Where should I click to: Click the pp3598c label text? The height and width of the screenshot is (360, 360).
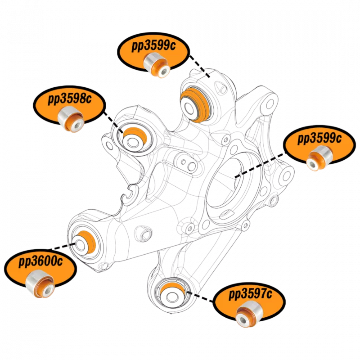click(x=70, y=99)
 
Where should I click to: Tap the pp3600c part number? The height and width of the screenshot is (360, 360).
click(x=40, y=261)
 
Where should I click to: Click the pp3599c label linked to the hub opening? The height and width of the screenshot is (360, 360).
click(x=319, y=139)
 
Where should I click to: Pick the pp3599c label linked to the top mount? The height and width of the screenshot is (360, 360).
click(x=153, y=46)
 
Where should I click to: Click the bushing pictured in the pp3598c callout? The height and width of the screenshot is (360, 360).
click(x=71, y=119)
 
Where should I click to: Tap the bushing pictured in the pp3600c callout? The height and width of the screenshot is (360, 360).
click(x=40, y=284)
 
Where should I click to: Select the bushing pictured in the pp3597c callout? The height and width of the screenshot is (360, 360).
click(x=249, y=314)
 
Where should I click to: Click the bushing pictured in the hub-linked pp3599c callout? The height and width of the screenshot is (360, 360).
click(x=319, y=158)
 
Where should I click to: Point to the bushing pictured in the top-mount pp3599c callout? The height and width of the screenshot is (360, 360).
click(x=157, y=65)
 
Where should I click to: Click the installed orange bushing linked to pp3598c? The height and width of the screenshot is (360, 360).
click(x=134, y=139)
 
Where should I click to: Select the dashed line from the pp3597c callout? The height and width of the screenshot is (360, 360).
click(x=200, y=297)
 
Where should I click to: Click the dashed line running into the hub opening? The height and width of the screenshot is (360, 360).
click(x=260, y=166)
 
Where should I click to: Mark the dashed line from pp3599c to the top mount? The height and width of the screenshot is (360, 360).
click(x=200, y=67)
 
